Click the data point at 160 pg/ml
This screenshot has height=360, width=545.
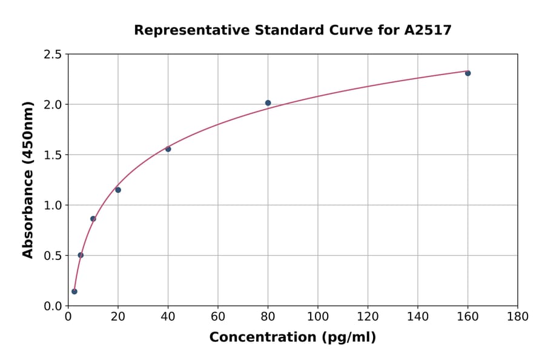click(467, 73)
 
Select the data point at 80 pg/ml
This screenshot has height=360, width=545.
click(268, 103)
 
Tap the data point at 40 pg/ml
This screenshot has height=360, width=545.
click(168, 149)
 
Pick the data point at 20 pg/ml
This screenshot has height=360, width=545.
click(118, 190)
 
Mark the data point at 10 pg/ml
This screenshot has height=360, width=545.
click(93, 219)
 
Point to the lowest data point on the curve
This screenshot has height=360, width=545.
click(74, 292)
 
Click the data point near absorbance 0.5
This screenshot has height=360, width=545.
click(81, 255)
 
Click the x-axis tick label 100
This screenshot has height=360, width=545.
click(317, 316)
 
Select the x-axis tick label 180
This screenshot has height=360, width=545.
click(517, 316)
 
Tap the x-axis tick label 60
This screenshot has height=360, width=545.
click(218, 316)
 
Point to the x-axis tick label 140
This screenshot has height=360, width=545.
click(417, 316)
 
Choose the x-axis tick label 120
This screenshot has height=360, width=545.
click(368, 316)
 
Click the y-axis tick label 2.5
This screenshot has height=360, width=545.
click(53, 55)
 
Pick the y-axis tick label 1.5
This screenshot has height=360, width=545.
click(53, 155)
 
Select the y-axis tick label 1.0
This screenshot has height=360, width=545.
click(53, 205)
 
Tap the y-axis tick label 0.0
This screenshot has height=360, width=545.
click(53, 306)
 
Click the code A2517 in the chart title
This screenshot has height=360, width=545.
click(428, 30)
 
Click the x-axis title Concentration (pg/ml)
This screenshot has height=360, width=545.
click(292, 338)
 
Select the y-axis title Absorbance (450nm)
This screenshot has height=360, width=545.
click(28, 180)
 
